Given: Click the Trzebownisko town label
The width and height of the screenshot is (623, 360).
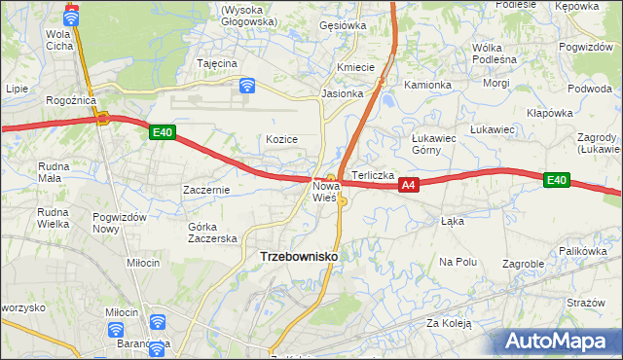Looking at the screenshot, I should (x=300, y=256).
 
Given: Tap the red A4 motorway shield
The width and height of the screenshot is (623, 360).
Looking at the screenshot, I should (x=409, y=185).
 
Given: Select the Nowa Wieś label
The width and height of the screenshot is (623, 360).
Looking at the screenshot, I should (x=325, y=191).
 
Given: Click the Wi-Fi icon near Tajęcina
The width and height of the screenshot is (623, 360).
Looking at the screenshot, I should (x=247, y=86).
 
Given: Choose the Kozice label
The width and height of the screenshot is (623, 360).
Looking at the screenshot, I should (x=281, y=139).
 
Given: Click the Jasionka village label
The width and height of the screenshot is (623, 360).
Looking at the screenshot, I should (x=343, y=94).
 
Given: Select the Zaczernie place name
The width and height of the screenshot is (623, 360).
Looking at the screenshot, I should (x=206, y=190).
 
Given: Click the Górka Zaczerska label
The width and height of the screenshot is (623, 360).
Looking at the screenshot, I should (x=212, y=233).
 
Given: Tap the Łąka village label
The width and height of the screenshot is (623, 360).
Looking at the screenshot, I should (x=452, y=221).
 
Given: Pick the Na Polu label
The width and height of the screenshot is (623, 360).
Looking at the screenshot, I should (x=458, y=262).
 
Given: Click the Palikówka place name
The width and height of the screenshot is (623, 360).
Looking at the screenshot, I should (x=583, y=251).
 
